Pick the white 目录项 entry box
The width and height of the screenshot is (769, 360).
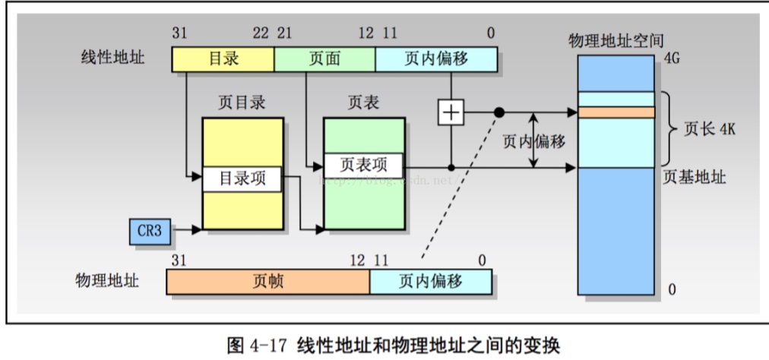pos(240,180)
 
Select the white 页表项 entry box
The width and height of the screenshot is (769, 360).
pos(362,165)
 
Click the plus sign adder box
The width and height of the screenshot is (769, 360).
pos(451,113)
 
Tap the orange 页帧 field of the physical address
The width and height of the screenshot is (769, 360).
pos(268,282)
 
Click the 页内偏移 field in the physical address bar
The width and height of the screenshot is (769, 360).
pos(430,282)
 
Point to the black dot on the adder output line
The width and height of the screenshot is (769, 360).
pos(499,113)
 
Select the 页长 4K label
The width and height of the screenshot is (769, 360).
pos(708,128)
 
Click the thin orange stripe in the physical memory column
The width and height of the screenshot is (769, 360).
pos(616,112)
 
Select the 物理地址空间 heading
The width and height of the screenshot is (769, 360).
pos(612,39)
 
